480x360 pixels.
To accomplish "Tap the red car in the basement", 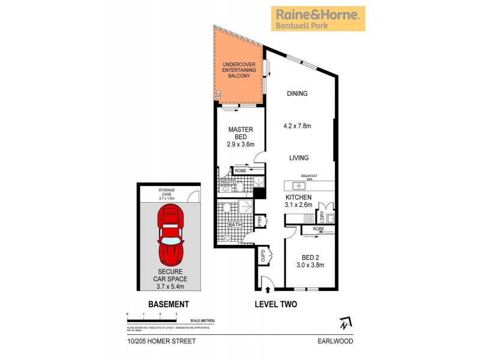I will click(x=170, y=236).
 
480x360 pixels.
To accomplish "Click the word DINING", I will click(x=297, y=94).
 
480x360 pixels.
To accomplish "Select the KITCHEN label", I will click(x=298, y=197).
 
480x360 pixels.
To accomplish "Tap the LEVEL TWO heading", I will click(x=276, y=305).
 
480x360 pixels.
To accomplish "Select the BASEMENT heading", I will click(x=169, y=305).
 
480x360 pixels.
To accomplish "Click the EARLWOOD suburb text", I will click(x=337, y=341).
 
